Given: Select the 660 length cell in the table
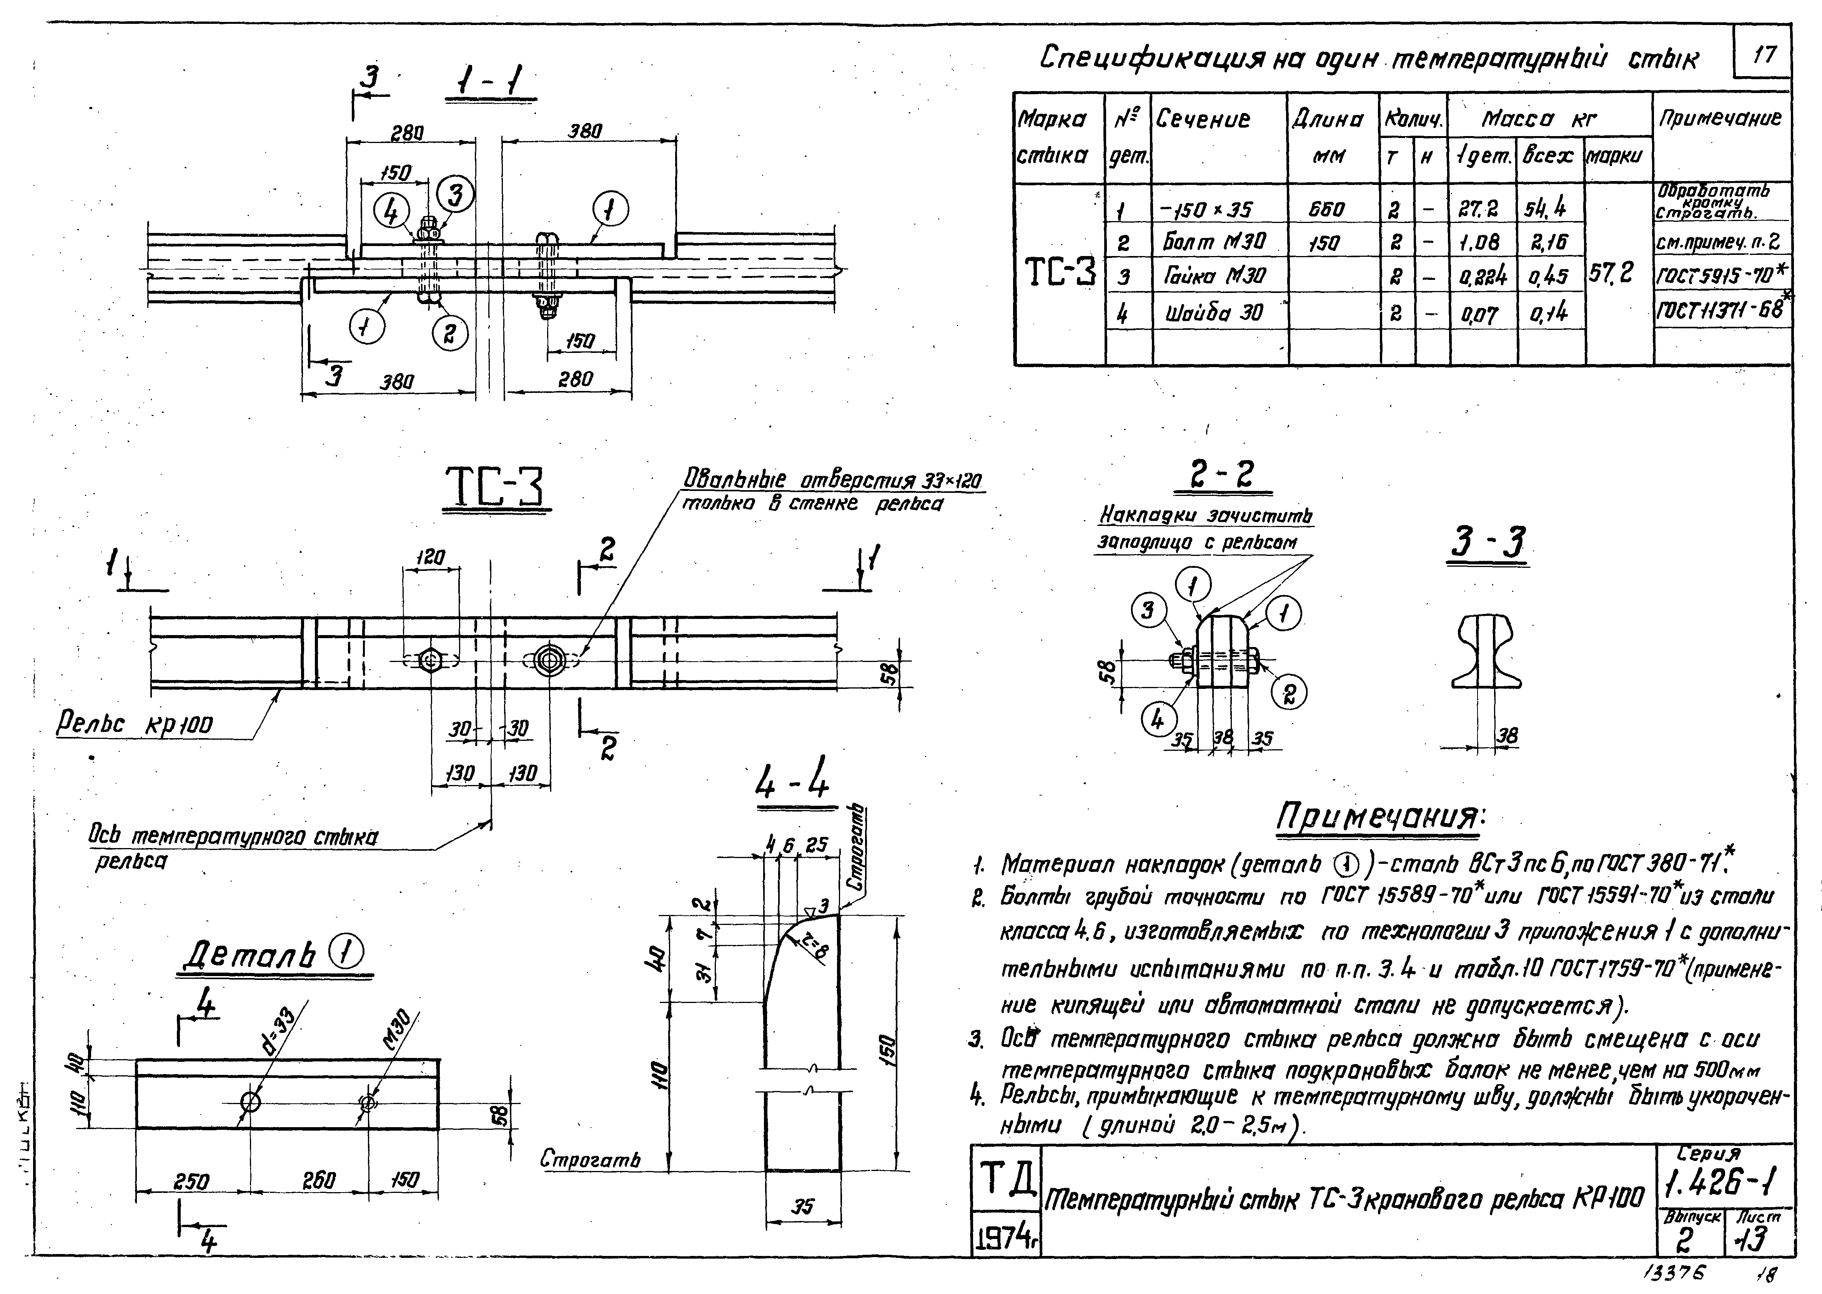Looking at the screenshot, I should click(1326, 210).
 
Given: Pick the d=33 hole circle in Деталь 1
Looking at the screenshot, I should click(250, 1103).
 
